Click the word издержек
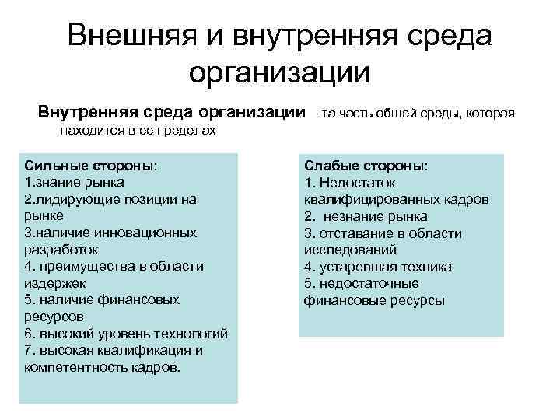pos(55,283)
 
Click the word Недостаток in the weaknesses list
pos(356,183)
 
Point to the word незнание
pos(354,216)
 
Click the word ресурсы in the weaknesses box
pos(417,300)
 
